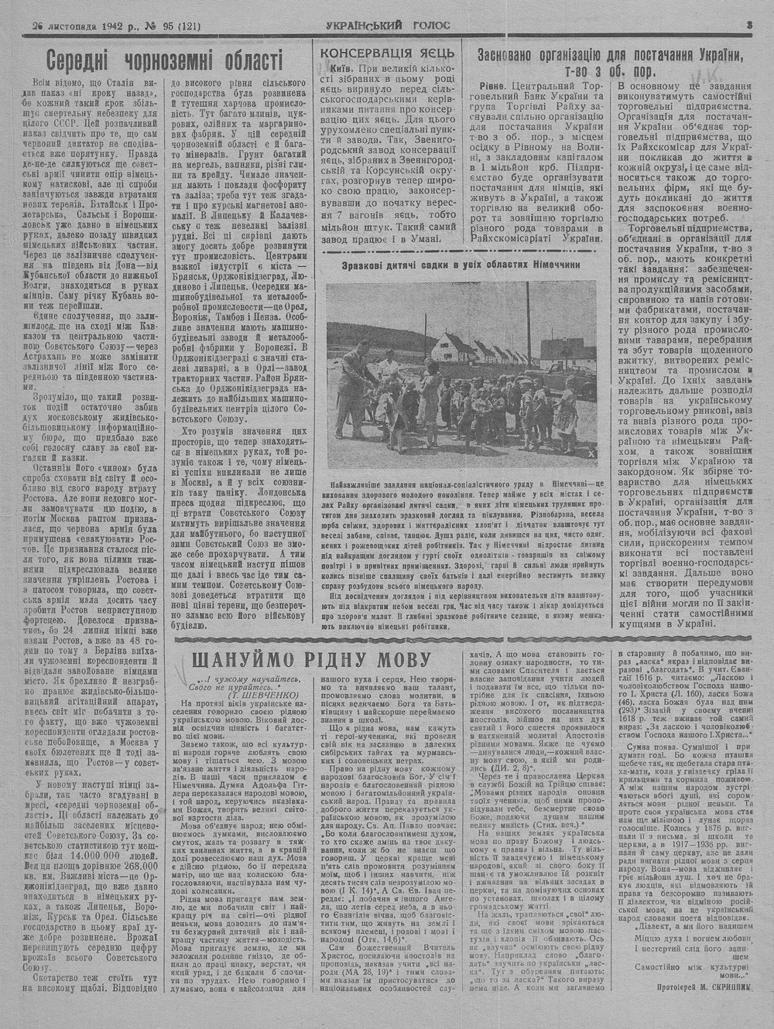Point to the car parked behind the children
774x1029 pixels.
tap(563, 371)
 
